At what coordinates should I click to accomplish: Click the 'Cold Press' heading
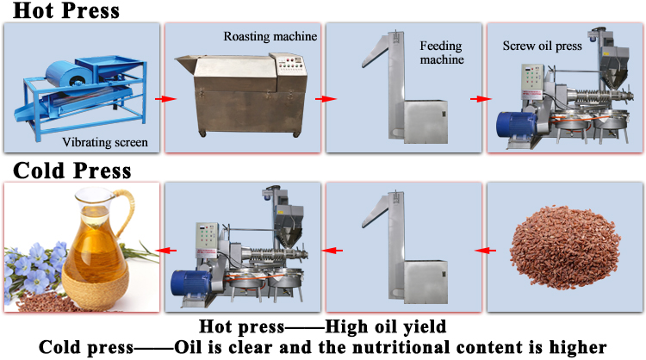[x=67, y=170]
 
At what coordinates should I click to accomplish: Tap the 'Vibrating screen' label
[x=102, y=143]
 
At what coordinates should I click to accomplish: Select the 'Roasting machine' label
[x=270, y=36]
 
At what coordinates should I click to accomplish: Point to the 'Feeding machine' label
[x=442, y=52]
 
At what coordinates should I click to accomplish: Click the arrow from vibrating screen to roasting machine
[x=159, y=98]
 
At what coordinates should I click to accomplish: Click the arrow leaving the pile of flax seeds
[x=485, y=251]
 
